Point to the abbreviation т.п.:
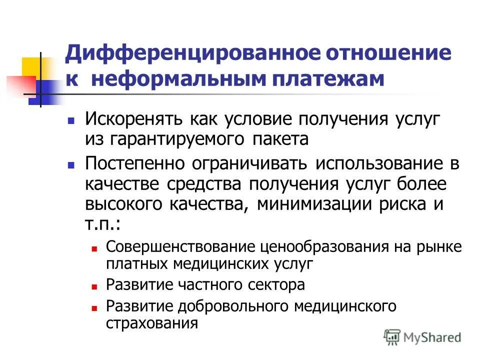tap(102, 224)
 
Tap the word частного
tap(205, 284)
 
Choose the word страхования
tap(152, 322)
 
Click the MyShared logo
tap(422, 337)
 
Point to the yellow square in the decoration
tap(31, 66)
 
